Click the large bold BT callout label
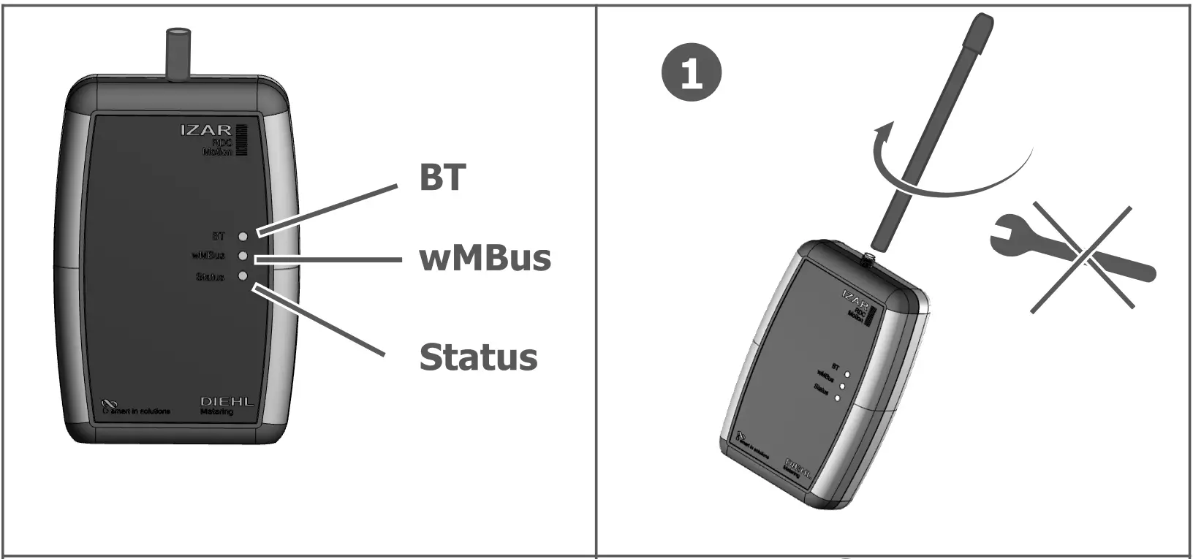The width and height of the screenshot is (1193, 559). click(x=442, y=177)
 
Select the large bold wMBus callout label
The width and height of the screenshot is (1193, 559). click(x=485, y=258)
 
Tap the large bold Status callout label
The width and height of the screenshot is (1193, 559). click(x=478, y=357)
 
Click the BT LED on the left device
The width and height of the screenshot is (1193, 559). click(x=243, y=236)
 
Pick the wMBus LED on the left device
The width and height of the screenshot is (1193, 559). click(x=243, y=256)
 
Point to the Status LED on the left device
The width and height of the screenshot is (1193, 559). click(x=243, y=276)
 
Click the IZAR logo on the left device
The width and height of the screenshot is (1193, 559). click(x=206, y=130)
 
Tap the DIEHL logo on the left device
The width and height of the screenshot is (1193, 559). click(x=227, y=403)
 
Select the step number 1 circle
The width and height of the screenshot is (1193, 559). click(x=691, y=74)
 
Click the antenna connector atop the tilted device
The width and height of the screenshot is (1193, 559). click(x=867, y=258)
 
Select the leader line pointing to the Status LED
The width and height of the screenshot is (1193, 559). click(x=319, y=322)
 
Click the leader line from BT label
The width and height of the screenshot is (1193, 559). click(x=327, y=210)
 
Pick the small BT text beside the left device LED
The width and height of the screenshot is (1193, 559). click(x=219, y=236)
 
